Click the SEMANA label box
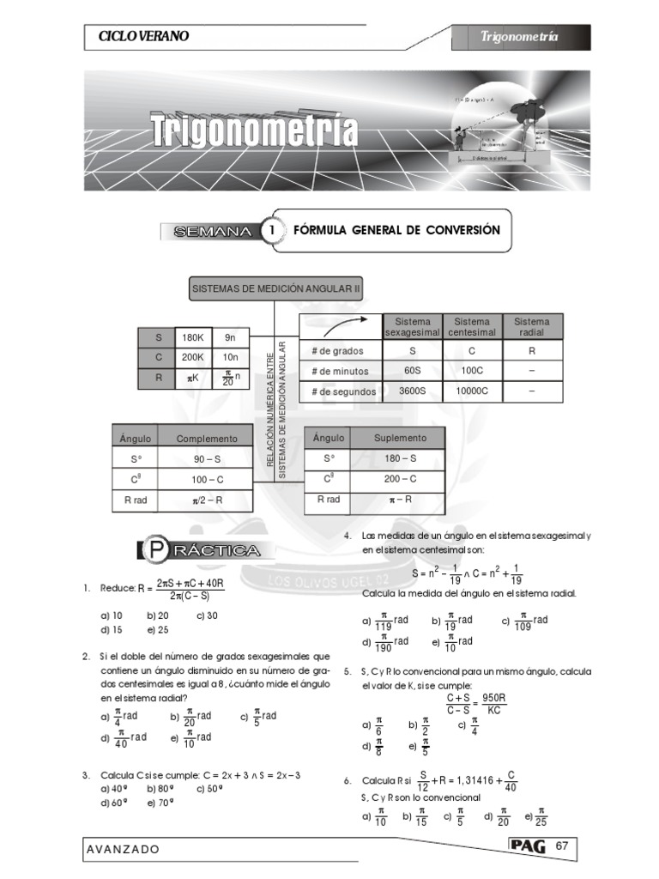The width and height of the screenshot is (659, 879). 212,232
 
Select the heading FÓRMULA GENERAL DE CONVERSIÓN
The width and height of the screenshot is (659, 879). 396,230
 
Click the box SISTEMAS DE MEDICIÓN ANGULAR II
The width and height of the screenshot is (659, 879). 275,289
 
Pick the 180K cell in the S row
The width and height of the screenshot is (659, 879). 193,337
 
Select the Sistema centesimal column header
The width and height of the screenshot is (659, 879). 471,327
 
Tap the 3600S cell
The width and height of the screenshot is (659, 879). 413,391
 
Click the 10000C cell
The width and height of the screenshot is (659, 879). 471,391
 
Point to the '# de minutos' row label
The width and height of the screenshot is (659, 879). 341,371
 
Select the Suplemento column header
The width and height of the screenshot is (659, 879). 400,437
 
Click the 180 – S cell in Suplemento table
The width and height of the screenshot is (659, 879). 400,458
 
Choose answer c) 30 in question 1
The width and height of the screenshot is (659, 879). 207,615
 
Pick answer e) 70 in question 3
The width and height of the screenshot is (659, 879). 160,803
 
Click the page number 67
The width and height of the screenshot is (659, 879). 563,846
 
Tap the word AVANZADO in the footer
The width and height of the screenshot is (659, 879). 123,849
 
